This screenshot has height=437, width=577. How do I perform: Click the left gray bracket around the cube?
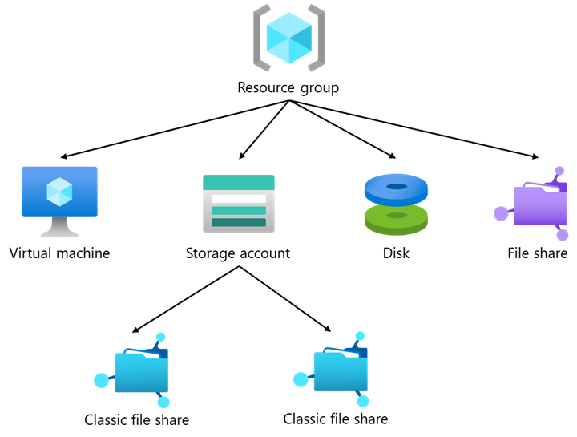click(x=259, y=38)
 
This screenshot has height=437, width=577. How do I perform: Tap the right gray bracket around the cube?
click(x=319, y=38)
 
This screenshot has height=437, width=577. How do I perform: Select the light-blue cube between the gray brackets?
click(x=288, y=38)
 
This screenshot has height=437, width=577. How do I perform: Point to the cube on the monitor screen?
click(x=59, y=192)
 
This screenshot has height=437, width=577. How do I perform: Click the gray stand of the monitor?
click(x=59, y=229)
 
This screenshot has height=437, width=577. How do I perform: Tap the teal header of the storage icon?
click(x=239, y=182)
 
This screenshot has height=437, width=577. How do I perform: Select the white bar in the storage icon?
click(x=239, y=198)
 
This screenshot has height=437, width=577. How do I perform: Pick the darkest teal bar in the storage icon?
click(x=239, y=222)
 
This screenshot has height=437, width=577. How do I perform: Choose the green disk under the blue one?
click(x=396, y=221)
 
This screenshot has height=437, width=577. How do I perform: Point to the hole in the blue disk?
click(x=397, y=187)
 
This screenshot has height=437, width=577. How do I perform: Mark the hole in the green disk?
click(x=397, y=215)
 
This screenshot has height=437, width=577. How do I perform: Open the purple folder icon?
click(x=540, y=207)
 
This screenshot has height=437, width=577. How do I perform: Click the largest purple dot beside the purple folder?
click(x=501, y=213)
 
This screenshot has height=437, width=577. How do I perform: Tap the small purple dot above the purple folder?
click(x=559, y=171)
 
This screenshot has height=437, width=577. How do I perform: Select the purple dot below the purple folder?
click(x=563, y=235)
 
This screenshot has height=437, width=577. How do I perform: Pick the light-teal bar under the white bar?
click(x=239, y=210)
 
